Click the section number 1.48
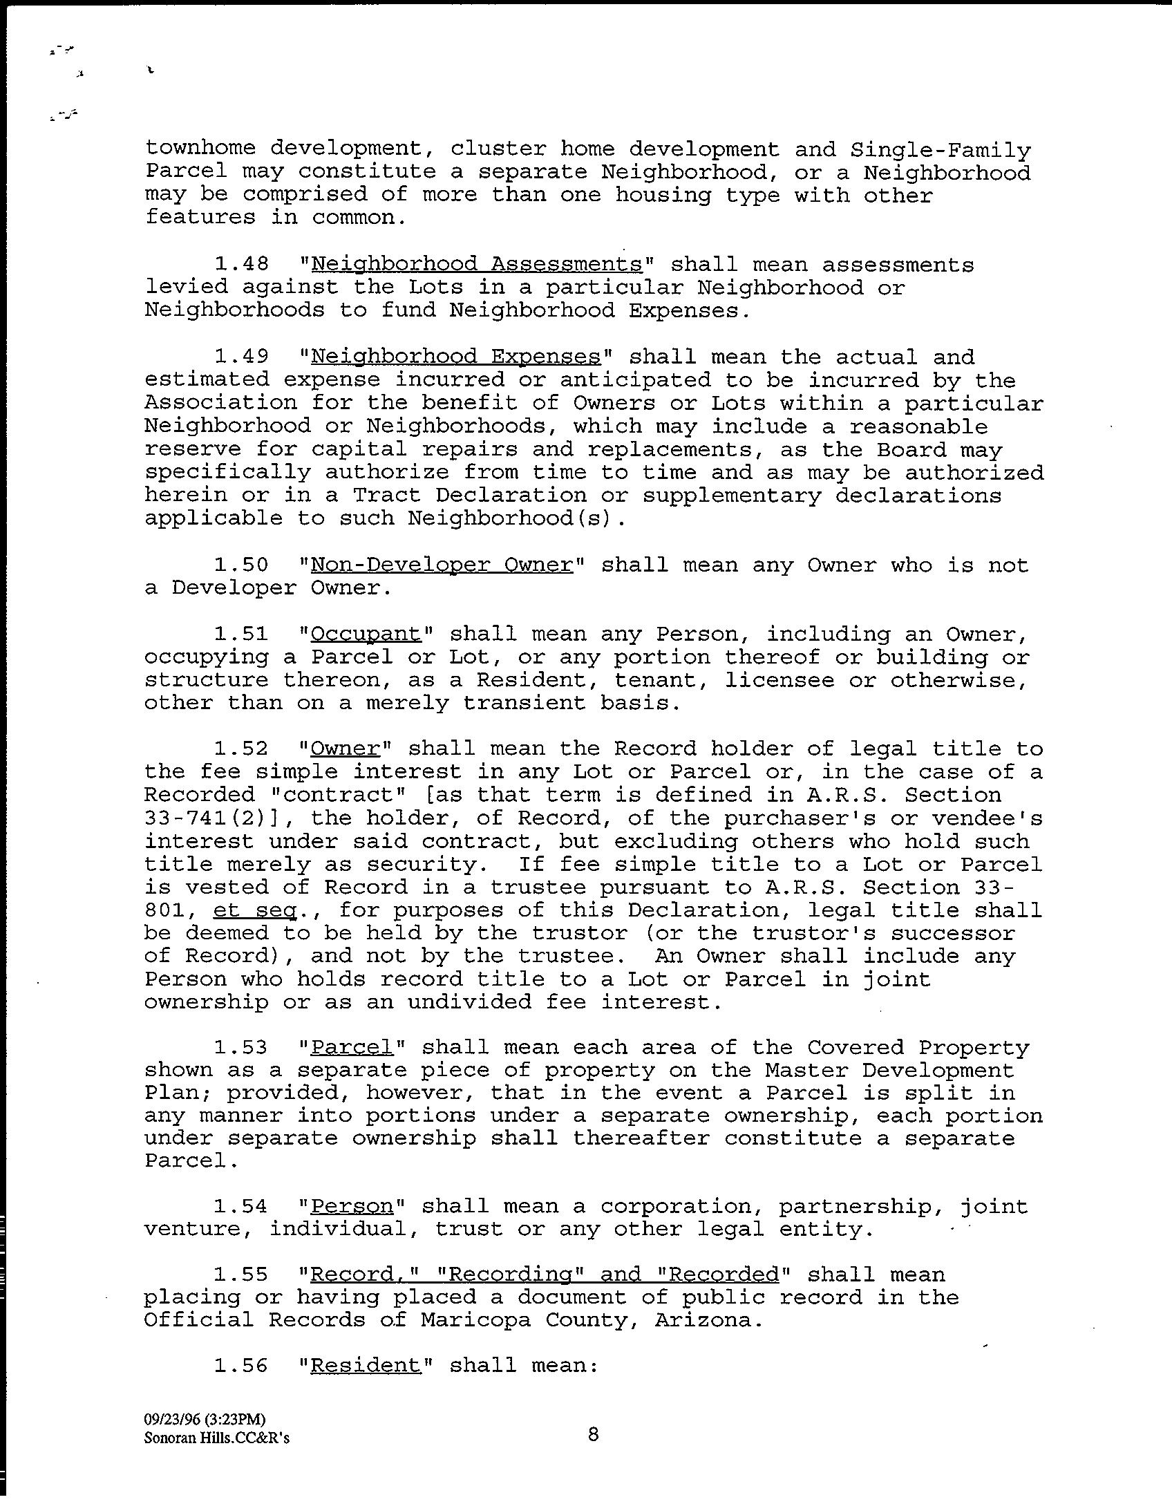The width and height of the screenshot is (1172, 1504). [240, 265]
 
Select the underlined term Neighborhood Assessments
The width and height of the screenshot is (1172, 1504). [477, 265]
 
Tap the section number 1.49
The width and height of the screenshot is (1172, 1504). [240, 357]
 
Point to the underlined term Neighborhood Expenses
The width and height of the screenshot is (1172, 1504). [456, 357]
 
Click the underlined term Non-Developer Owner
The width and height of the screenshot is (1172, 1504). [442, 565]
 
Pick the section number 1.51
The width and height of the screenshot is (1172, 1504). [240, 634]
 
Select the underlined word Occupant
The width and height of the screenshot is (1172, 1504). [366, 634]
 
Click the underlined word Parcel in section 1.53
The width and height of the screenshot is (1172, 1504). [352, 1048]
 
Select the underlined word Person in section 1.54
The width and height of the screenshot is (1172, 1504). [352, 1207]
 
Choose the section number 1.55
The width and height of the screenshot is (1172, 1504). [240, 1275]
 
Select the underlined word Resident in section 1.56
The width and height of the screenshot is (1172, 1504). [366, 1366]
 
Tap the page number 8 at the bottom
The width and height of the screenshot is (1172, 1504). [593, 1435]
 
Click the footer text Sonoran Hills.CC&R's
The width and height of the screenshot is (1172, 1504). [217, 1438]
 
